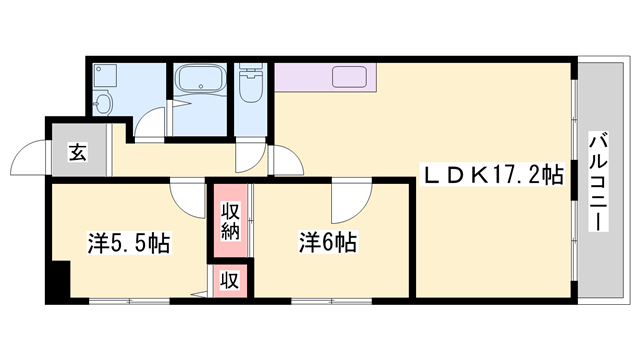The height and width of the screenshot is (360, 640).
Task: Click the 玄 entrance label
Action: (76, 152)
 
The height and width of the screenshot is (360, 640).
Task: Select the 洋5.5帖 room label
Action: (128, 243)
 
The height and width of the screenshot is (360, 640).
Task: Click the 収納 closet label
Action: (230, 222)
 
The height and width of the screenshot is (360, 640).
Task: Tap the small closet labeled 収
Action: (230, 280)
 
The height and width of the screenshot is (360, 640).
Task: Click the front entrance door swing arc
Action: (25, 160)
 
